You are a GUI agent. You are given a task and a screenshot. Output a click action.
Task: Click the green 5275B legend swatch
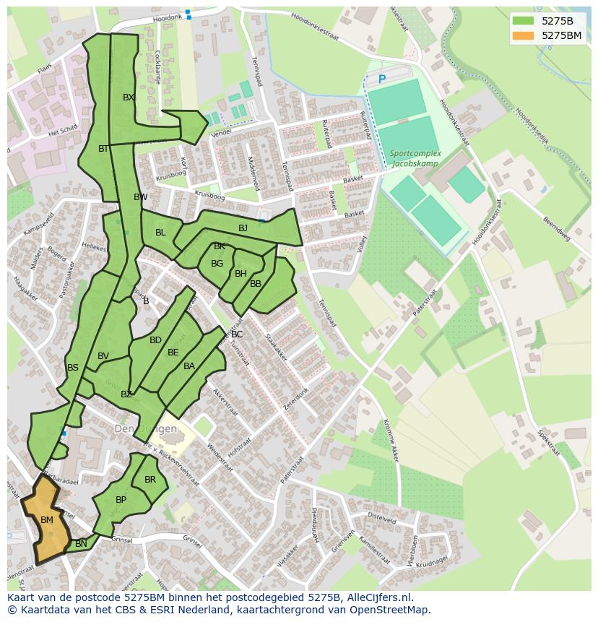pos(523,20)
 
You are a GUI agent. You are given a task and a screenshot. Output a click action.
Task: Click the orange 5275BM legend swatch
pos(523,35)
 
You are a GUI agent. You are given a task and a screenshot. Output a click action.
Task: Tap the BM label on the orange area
pos(47,520)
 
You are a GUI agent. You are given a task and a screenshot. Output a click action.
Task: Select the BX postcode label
pos(129,97)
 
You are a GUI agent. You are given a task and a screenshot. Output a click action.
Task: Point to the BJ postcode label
pos(243,228)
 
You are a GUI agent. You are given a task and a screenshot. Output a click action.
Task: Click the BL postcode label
pos(160,233)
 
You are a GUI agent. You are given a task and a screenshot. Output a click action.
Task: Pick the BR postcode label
pos(150,480)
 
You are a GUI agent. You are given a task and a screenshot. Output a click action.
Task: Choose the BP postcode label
pos(121,500)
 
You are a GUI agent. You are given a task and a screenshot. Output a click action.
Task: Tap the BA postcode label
pos(189,366)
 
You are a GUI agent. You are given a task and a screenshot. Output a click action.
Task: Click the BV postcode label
pos(103,356)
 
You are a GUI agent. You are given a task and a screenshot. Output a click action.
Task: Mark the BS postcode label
pos(73,368)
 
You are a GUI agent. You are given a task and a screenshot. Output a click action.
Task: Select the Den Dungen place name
pos(145,428)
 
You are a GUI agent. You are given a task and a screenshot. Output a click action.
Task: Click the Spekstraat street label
pos(548,443)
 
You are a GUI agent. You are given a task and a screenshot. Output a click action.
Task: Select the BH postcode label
pos(240,274)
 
